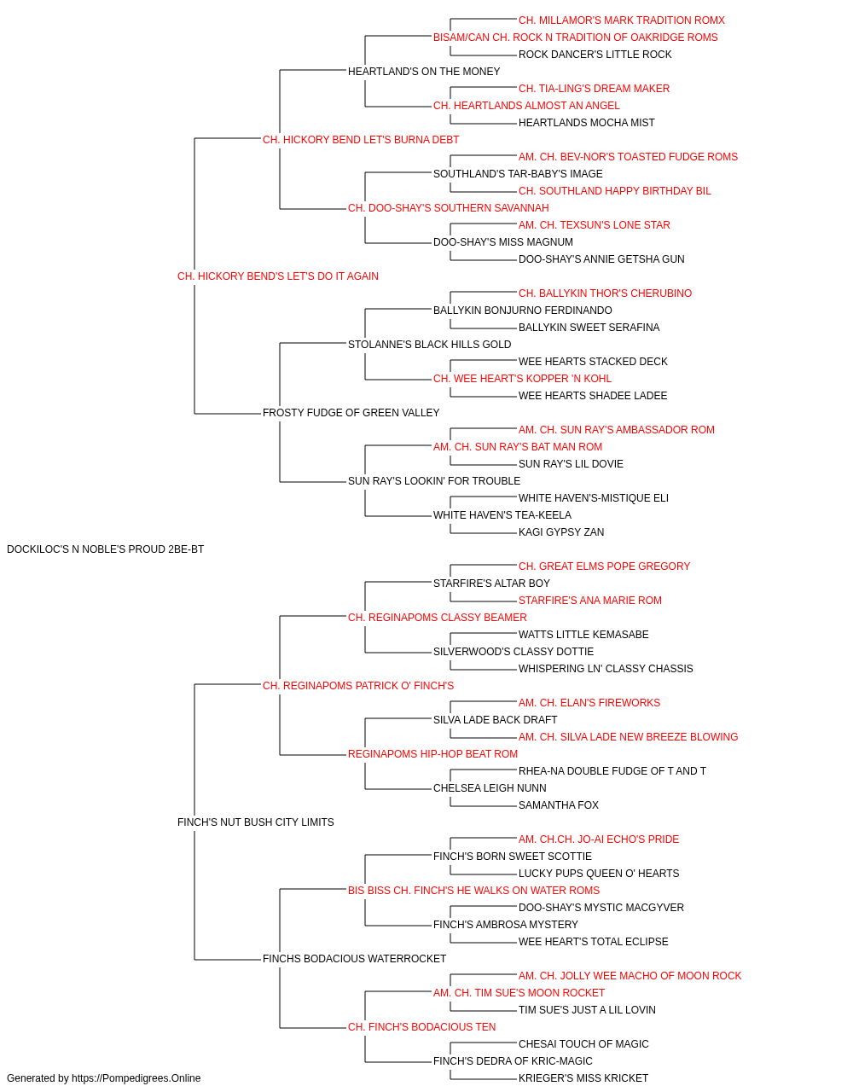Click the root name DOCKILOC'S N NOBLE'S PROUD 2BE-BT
click(106, 549)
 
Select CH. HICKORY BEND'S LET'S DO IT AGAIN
click(278, 276)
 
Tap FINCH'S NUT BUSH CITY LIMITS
click(256, 822)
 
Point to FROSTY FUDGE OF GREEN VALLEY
click(351, 413)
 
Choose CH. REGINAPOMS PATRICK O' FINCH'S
click(358, 686)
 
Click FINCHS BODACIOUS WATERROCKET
click(354, 959)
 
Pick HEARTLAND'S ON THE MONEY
click(424, 72)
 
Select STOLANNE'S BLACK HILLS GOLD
click(430, 345)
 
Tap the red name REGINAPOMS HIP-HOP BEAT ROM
click(433, 754)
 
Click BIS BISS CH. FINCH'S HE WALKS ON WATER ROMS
click(473, 891)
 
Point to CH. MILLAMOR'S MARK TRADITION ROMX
click(622, 20)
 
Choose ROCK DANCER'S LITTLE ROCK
click(595, 55)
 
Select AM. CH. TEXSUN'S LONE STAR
click(595, 225)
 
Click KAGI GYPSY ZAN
click(561, 532)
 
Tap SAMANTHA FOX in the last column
click(559, 805)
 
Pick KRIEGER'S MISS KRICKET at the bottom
click(583, 1078)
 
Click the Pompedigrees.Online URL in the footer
click(136, 1078)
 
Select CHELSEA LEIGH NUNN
click(490, 788)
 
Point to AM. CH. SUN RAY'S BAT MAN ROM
click(518, 447)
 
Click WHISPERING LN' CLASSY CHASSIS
click(606, 669)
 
